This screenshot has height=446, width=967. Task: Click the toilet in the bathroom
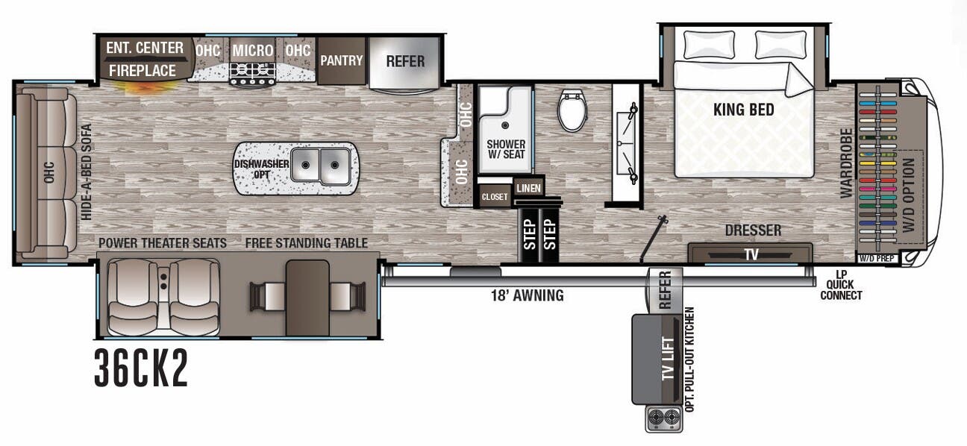572,110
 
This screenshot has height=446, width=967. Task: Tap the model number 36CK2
141,369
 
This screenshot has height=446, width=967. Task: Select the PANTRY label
342,60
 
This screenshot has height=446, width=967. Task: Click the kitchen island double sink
321,165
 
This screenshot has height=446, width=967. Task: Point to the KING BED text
743,110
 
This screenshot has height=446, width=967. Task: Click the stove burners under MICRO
252,73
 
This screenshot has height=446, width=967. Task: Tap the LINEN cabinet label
528,187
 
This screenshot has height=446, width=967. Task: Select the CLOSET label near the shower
494,197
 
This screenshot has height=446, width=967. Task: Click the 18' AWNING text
522,296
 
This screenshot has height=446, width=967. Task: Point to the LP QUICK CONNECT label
841,285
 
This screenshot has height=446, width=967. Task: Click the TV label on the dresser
751,254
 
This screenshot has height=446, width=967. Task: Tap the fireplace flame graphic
148,87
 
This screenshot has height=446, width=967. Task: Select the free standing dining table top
307,297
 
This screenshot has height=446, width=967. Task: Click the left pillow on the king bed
710,45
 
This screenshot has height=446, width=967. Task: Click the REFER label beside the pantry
404,61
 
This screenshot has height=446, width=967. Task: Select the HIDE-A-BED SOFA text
86,171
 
